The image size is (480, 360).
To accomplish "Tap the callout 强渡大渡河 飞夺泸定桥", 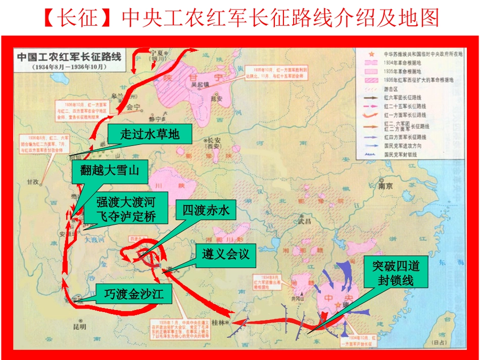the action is click(126, 210).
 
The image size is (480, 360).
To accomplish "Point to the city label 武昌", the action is click(305, 220).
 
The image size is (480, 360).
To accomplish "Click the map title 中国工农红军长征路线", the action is click(69, 57).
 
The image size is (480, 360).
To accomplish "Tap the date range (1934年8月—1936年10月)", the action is click(69, 67).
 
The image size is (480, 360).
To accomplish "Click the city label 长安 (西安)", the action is click(212, 144).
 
